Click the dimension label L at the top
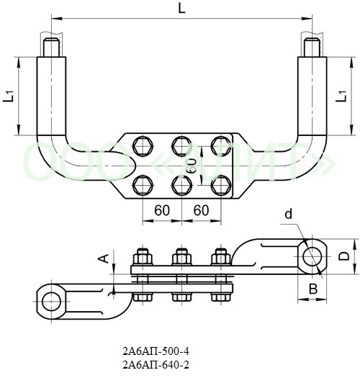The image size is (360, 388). click(x=181, y=9)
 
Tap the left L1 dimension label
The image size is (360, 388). click(x=8, y=96)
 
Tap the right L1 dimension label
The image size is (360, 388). click(x=341, y=96)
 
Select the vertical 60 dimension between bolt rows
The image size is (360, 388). click(x=192, y=166)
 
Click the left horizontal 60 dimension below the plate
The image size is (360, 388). click(x=162, y=211)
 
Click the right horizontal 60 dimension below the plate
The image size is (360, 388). click(x=201, y=211)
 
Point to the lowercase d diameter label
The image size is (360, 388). click(x=289, y=214)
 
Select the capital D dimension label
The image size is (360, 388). click(x=344, y=256)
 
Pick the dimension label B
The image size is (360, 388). click(x=313, y=289)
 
